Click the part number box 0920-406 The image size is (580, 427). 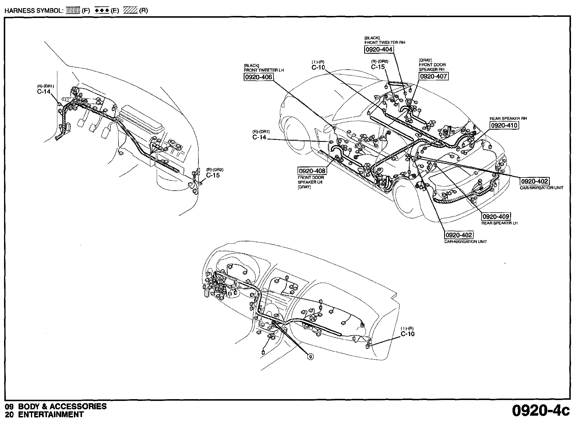(x=258, y=77)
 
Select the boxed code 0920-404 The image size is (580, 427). (x=378, y=50)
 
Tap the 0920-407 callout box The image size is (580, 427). (x=433, y=76)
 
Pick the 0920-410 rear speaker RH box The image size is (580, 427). (x=504, y=125)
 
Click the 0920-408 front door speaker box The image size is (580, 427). (x=312, y=171)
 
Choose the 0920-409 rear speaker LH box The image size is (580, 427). (x=496, y=216)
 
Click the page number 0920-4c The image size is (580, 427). (x=541, y=410)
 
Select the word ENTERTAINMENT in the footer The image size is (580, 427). (x=51, y=415)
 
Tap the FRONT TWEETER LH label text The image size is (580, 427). (x=264, y=70)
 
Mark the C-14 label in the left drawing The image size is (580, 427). (x=44, y=92)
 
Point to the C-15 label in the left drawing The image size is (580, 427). (x=213, y=175)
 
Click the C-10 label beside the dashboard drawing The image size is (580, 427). (x=408, y=334)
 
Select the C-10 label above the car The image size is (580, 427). (x=318, y=68)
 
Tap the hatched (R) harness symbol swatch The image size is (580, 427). (x=131, y=11)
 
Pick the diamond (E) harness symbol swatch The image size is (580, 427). (x=102, y=11)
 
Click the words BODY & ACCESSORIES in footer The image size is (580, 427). (x=62, y=406)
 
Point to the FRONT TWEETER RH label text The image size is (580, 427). (x=385, y=42)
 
